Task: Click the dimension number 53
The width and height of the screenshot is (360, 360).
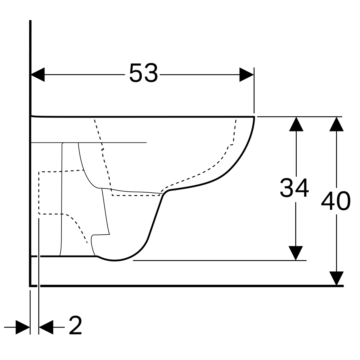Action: click(143, 73)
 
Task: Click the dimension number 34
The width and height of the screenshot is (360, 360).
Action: click(294, 188)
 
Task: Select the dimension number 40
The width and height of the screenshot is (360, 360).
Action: click(335, 201)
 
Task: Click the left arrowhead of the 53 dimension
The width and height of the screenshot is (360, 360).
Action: click(38, 74)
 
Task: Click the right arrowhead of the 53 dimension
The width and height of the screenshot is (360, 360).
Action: click(246, 74)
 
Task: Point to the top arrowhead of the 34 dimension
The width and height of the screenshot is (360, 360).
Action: click(296, 124)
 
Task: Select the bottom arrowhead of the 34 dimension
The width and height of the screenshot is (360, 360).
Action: click(295, 253)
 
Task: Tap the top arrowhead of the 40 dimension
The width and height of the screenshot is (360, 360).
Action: click(336, 124)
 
